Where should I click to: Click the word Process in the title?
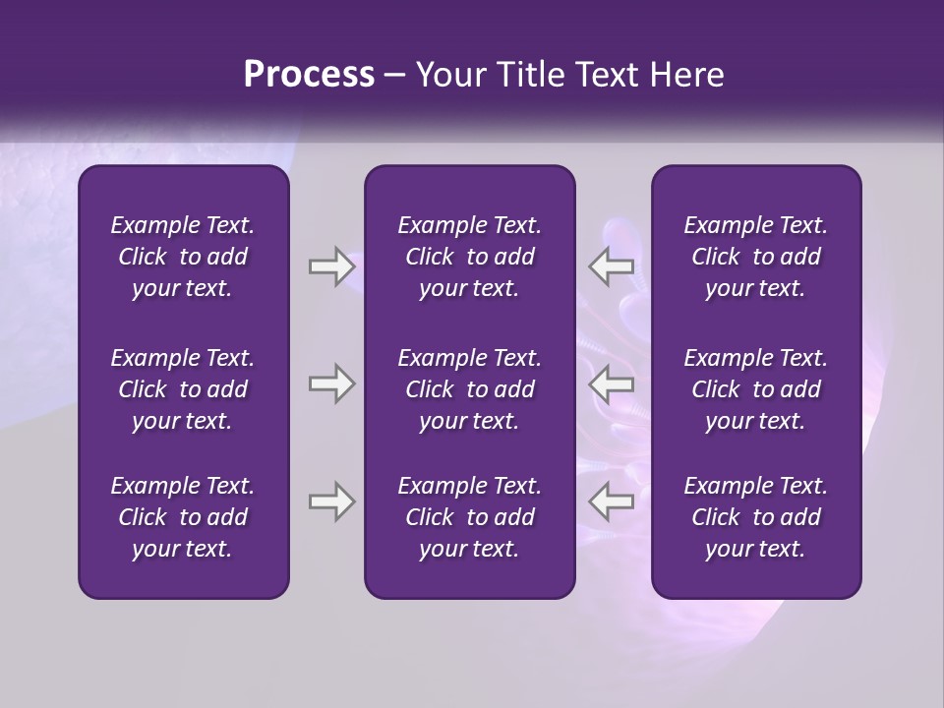pyautogui.click(x=309, y=75)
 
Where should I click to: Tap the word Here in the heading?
pyautogui.click(x=684, y=75)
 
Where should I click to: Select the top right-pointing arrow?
pyautogui.click(x=331, y=266)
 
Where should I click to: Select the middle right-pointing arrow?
pyautogui.click(x=331, y=383)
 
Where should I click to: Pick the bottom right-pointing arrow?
pyautogui.click(x=331, y=501)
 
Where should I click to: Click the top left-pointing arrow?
pyautogui.click(x=612, y=266)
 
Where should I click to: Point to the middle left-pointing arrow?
pyautogui.click(x=612, y=383)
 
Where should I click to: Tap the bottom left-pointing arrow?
pyautogui.click(x=612, y=501)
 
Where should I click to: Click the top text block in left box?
pyautogui.click(x=183, y=257)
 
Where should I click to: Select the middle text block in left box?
pyautogui.click(x=183, y=389)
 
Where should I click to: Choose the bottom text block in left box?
pyautogui.click(x=183, y=517)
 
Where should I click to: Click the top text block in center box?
pyautogui.click(x=469, y=257)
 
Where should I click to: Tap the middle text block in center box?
pyautogui.click(x=469, y=389)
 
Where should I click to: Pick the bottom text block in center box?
pyautogui.click(x=469, y=517)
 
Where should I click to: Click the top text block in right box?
pyautogui.click(x=756, y=257)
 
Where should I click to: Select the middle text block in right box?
pyautogui.click(x=756, y=389)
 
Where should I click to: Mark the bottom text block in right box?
pyautogui.click(x=756, y=517)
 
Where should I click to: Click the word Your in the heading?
pyautogui.click(x=447, y=75)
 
